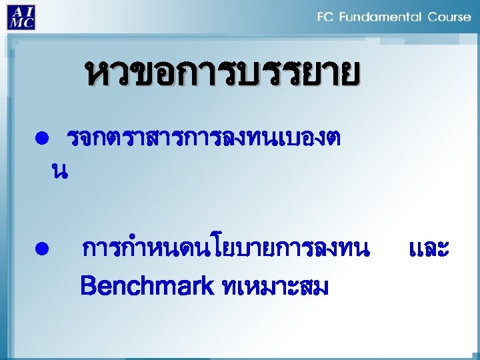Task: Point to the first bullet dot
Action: (41, 139)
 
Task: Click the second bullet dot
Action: (41, 249)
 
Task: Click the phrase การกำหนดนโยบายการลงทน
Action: (225, 249)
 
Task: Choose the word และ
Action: (428, 249)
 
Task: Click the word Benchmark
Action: (146, 287)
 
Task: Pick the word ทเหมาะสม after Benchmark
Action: (274, 287)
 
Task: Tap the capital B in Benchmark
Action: (87, 287)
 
